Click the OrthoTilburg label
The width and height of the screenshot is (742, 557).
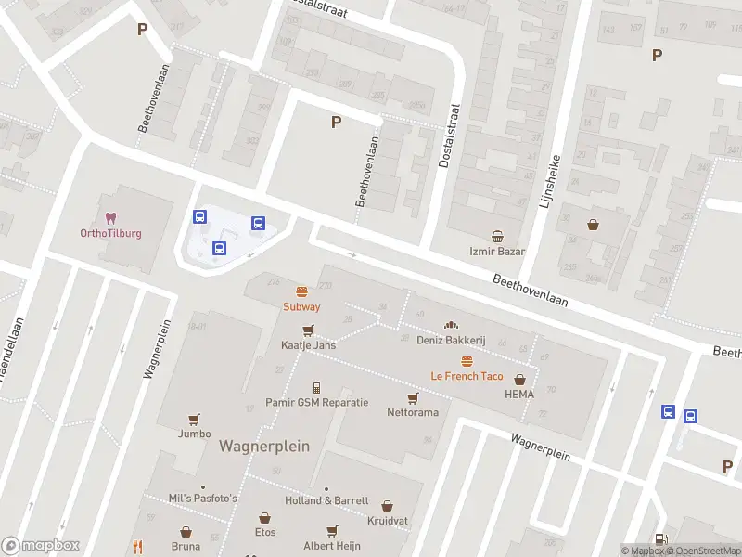click(x=110, y=233)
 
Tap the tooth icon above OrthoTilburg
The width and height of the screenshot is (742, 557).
click(x=110, y=218)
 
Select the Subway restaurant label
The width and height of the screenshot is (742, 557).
click(x=301, y=306)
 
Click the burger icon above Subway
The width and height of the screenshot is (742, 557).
click(x=301, y=291)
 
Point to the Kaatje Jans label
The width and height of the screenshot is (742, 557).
click(x=308, y=345)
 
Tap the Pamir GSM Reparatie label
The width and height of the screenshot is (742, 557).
click(x=316, y=403)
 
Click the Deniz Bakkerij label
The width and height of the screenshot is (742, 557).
click(x=453, y=340)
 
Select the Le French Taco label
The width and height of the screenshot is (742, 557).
click(x=467, y=376)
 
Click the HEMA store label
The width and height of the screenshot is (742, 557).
click(x=519, y=394)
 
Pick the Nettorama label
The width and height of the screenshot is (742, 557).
click(x=413, y=412)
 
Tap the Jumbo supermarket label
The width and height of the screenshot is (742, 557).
click(x=195, y=434)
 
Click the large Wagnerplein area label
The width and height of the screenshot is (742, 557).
click(x=264, y=447)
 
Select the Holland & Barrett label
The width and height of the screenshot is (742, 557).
click(x=326, y=500)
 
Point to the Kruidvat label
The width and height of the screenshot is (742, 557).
click(x=387, y=522)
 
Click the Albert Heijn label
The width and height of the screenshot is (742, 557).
click(x=332, y=546)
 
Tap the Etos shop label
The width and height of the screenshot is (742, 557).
click(x=265, y=532)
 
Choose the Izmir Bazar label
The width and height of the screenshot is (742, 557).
click(x=497, y=252)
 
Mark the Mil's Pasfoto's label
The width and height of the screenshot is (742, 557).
click(x=203, y=499)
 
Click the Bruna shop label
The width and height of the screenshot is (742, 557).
click(x=186, y=547)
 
